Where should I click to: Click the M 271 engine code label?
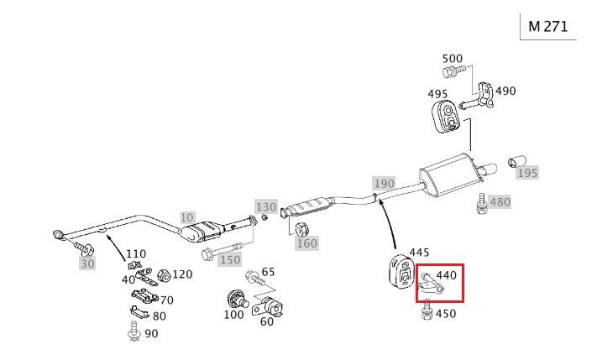point(547,26)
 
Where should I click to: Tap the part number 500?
point(453,59)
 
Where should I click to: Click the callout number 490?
point(505,91)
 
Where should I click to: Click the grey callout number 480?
point(500,202)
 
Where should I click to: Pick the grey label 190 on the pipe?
point(384,183)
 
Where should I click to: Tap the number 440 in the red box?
point(446,274)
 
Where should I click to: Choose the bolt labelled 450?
point(426,314)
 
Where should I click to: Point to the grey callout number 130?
point(265,206)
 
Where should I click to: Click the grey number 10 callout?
point(186,216)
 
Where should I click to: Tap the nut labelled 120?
point(165,275)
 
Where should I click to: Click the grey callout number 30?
point(88,263)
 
